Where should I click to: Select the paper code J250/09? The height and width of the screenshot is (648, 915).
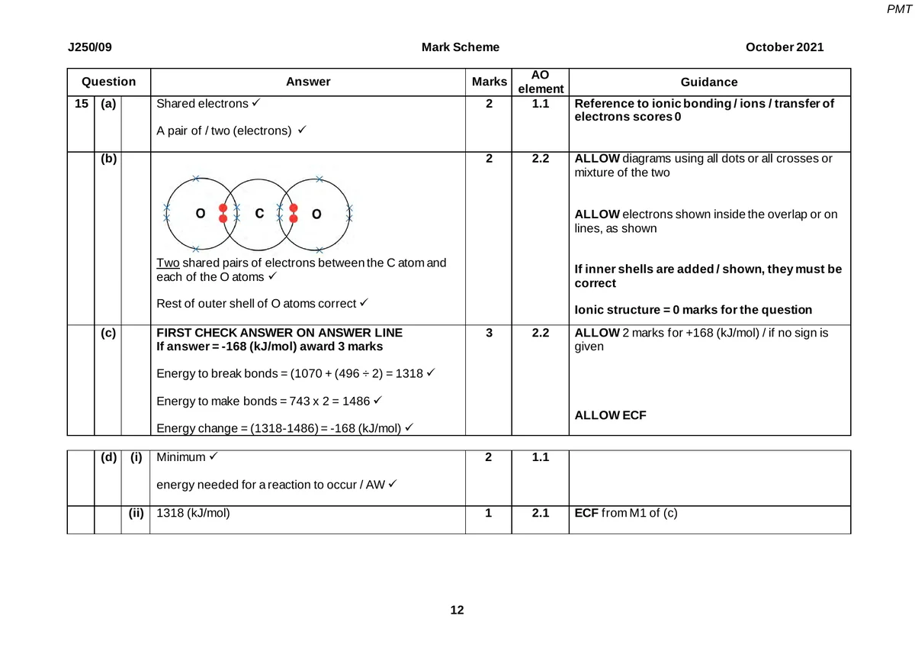90,47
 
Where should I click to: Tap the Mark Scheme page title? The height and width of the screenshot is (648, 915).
461,47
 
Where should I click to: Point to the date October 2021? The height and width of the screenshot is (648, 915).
785,47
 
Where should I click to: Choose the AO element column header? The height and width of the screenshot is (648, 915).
540,82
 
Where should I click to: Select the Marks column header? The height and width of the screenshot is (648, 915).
489,82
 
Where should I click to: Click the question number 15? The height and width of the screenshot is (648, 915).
81,104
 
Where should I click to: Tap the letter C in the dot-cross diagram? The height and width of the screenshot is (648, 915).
258,214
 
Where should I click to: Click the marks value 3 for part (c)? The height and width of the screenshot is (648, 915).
489,334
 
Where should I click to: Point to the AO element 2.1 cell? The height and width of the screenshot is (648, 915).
540,513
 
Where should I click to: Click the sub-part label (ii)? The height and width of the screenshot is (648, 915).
136,513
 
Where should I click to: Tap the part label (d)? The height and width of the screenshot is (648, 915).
108,458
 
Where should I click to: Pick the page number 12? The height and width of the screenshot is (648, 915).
457,610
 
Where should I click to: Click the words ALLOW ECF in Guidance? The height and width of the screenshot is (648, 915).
607,415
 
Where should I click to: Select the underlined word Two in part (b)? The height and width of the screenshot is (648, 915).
167,263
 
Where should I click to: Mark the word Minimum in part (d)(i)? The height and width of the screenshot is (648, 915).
181,458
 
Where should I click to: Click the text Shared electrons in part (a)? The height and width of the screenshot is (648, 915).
202,104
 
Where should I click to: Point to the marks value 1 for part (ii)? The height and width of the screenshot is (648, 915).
489,513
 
